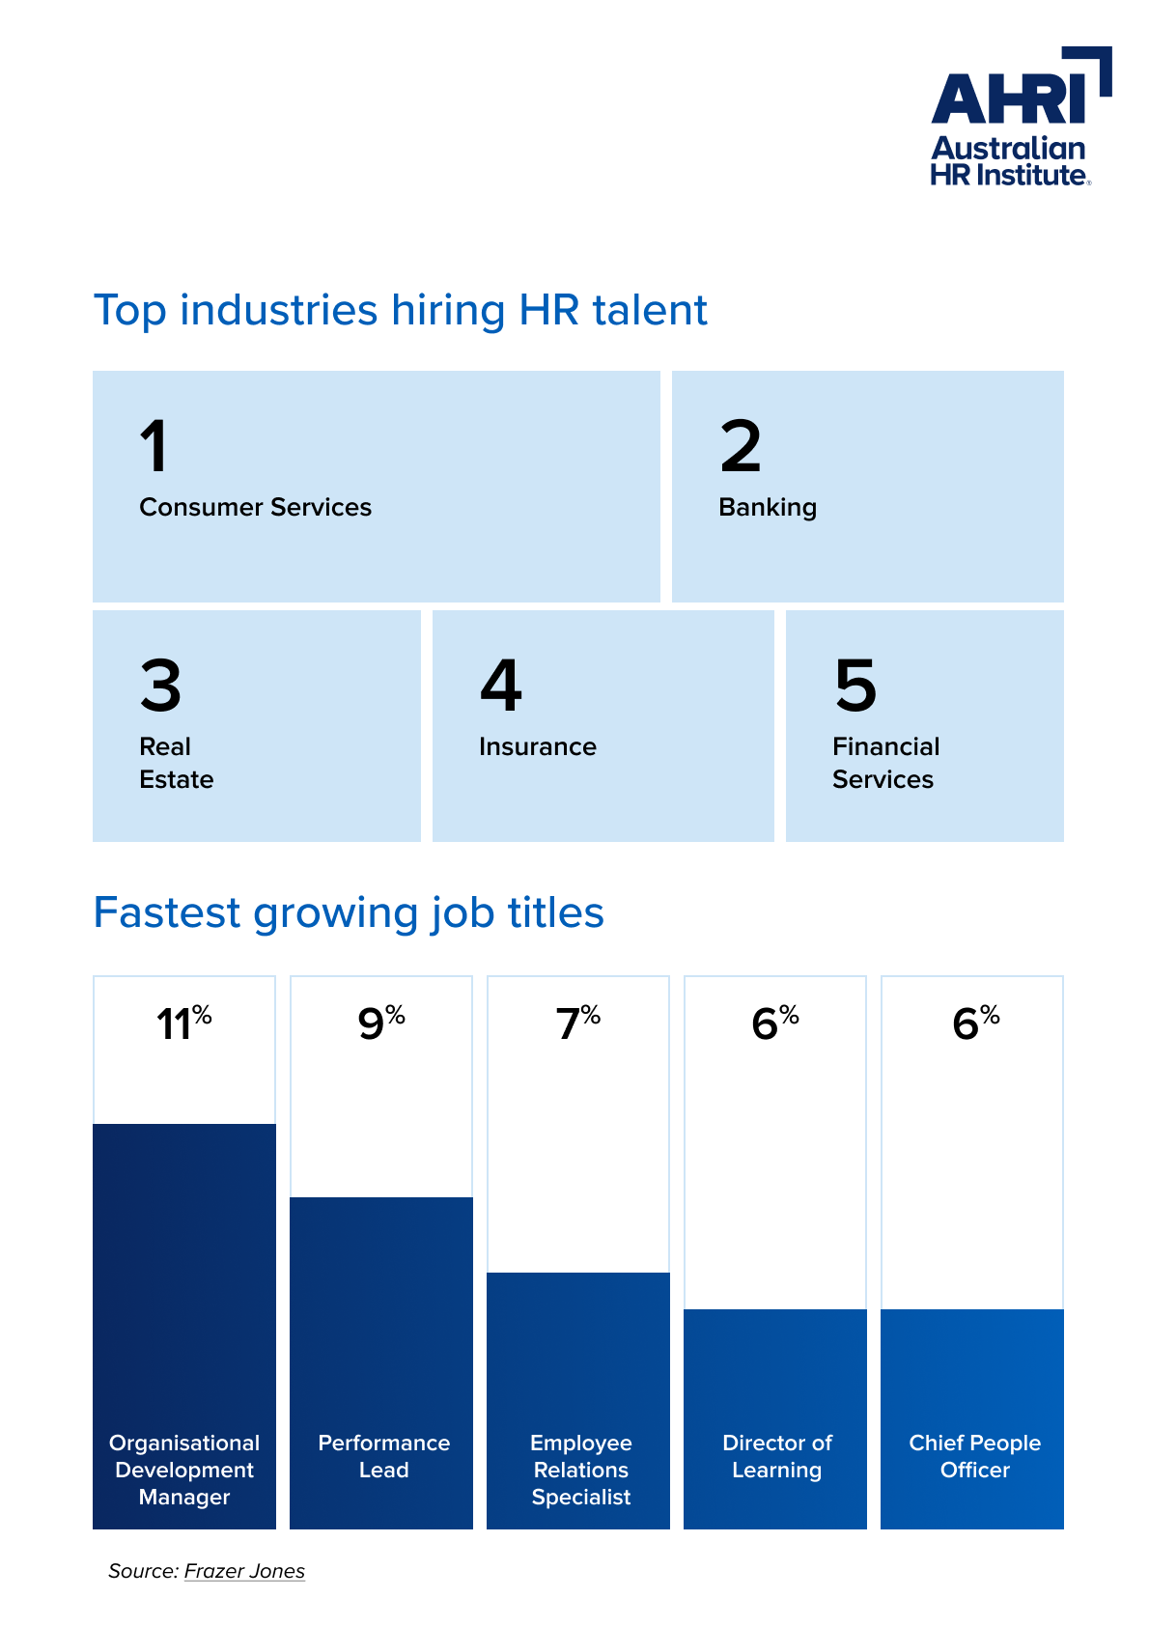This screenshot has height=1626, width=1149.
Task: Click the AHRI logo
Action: pos(1021,117)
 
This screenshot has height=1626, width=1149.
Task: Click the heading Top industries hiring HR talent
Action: pos(400,311)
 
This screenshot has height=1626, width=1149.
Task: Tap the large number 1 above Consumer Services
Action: pos(154,445)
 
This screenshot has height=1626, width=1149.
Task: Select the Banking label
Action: pos(768,507)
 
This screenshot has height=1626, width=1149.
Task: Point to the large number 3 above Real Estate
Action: pos(160,685)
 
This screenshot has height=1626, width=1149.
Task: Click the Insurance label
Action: pos(537,746)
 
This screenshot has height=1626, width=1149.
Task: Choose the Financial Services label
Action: pos(885,763)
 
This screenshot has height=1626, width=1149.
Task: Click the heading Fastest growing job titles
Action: pos(349,912)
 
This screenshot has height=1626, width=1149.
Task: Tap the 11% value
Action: pos(184,1023)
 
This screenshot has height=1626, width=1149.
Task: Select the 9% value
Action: pos(381,1023)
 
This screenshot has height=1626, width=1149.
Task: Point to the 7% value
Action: pos(577,1023)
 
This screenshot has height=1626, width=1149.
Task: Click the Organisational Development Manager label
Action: pos(184,1470)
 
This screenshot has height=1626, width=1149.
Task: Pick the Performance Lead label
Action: pos(384,1456)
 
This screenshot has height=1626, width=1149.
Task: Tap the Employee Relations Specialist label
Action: pos(580,1470)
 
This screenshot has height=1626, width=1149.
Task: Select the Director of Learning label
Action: pos(776,1456)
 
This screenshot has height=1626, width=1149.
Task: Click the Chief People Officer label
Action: pos(975,1456)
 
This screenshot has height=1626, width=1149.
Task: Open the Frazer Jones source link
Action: pos(244,1572)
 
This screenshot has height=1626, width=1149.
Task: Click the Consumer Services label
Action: pos(255,507)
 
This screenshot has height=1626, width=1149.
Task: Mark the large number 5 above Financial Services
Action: pos(855,685)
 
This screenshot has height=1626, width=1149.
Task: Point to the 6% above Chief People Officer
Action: pos(975,1023)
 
